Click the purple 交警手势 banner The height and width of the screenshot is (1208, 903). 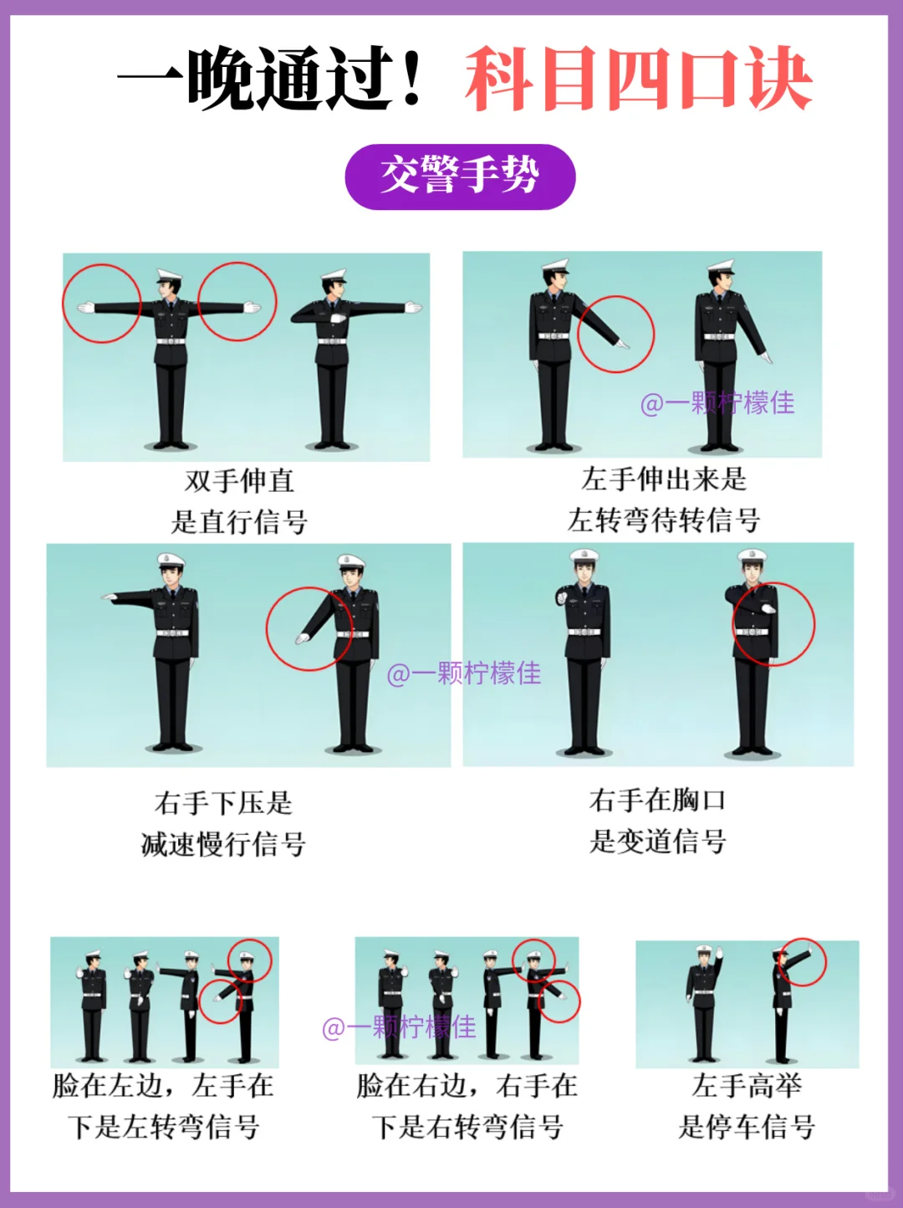click(461, 177)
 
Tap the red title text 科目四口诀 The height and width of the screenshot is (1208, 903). click(639, 78)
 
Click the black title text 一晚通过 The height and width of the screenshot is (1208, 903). click(269, 78)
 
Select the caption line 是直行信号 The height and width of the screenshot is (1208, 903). click(238, 521)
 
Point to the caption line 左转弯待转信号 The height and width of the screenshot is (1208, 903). click(664, 520)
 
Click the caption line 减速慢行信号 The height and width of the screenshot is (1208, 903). click(223, 843)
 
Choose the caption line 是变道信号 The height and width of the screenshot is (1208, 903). click(658, 841)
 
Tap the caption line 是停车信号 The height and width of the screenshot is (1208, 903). click(747, 1127)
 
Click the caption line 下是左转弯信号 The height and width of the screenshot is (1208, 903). click(163, 1127)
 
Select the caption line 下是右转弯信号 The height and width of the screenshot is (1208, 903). click(467, 1127)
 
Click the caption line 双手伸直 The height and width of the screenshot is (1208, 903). click(239, 480)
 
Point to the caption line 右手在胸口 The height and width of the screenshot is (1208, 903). click(658, 800)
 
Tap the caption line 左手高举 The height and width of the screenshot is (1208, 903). click(747, 1086)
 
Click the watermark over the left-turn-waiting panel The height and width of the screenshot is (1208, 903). click(717, 403)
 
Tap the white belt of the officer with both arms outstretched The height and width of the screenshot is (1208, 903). click(171, 341)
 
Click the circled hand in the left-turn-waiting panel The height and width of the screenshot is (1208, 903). click(622, 345)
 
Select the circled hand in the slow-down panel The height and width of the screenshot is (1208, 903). click(303, 638)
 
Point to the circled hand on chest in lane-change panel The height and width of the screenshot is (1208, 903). click(768, 608)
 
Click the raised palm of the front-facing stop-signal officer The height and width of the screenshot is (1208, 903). click(718, 951)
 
